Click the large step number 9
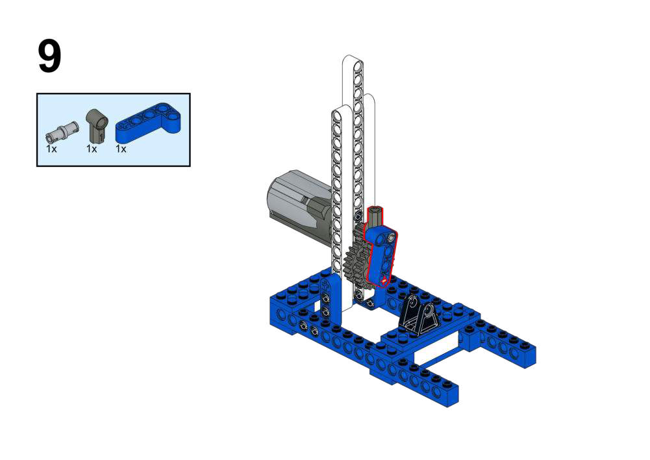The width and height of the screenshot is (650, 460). pos(49,57)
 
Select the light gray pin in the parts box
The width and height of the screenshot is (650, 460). pos(61,131)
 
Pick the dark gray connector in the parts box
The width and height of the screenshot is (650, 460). pos(97,125)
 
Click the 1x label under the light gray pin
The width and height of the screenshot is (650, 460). pos(51,149)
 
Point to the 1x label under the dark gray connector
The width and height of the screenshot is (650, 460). pos(92,149)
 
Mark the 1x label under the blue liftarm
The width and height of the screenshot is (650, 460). pos(121,149)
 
